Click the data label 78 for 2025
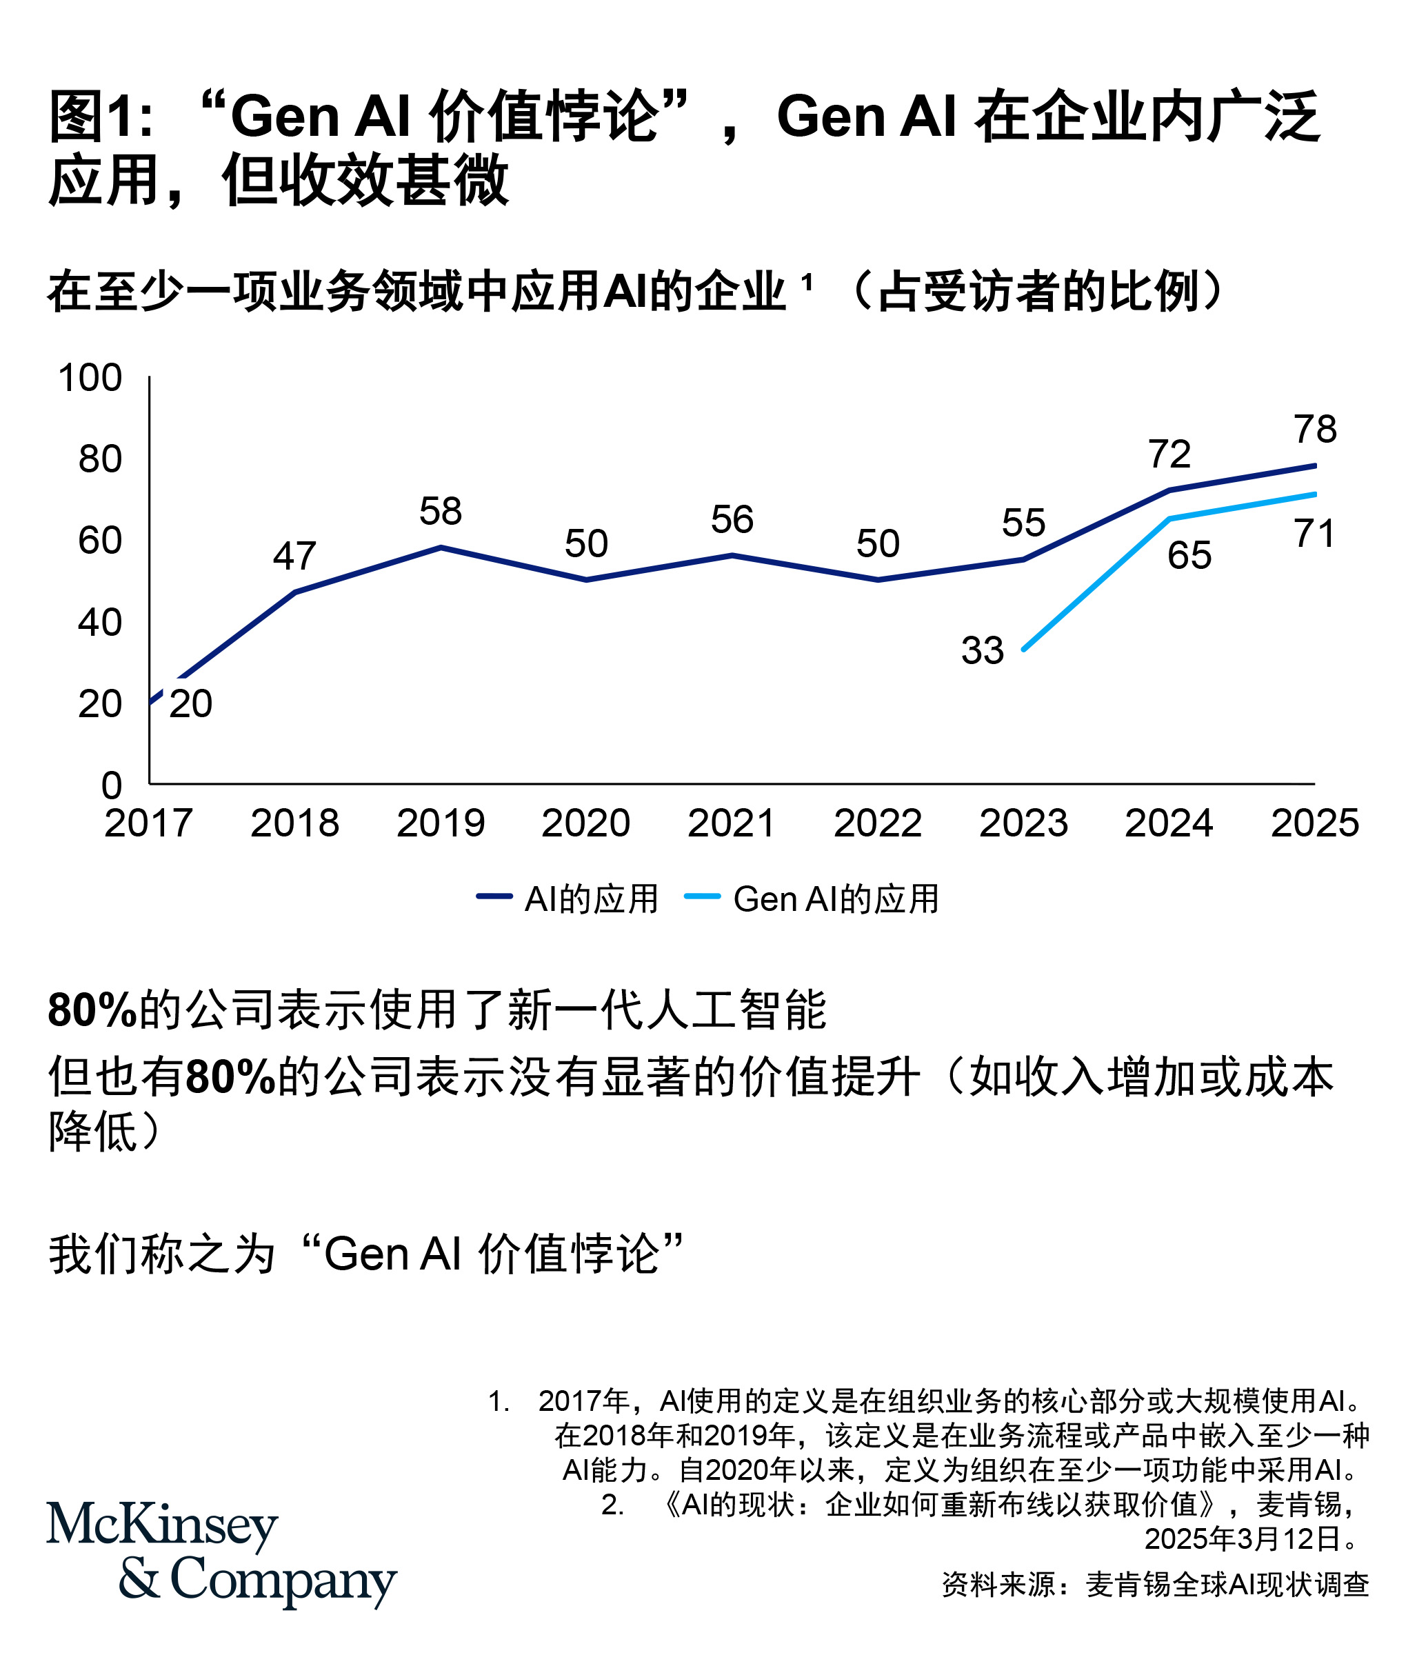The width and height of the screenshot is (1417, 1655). coord(1316,430)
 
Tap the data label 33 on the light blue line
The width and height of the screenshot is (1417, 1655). coord(982,651)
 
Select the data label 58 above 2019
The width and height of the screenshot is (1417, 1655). coord(440,512)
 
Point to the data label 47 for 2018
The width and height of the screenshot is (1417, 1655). coord(294,556)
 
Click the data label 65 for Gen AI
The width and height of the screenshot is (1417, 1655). coord(1189,556)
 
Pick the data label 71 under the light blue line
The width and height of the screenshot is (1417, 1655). coord(1315,534)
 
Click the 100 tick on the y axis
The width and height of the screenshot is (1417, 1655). coord(90,378)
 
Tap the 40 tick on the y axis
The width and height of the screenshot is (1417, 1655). coord(100,622)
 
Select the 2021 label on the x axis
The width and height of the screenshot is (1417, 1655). coord(731,823)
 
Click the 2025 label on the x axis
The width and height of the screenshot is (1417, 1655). coord(1315,823)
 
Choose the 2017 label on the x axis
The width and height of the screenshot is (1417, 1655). coord(148,823)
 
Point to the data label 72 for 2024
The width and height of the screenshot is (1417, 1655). coord(1169,454)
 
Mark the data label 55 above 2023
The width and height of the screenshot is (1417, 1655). coord(1023,524)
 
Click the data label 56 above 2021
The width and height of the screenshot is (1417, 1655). coord(732,520)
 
